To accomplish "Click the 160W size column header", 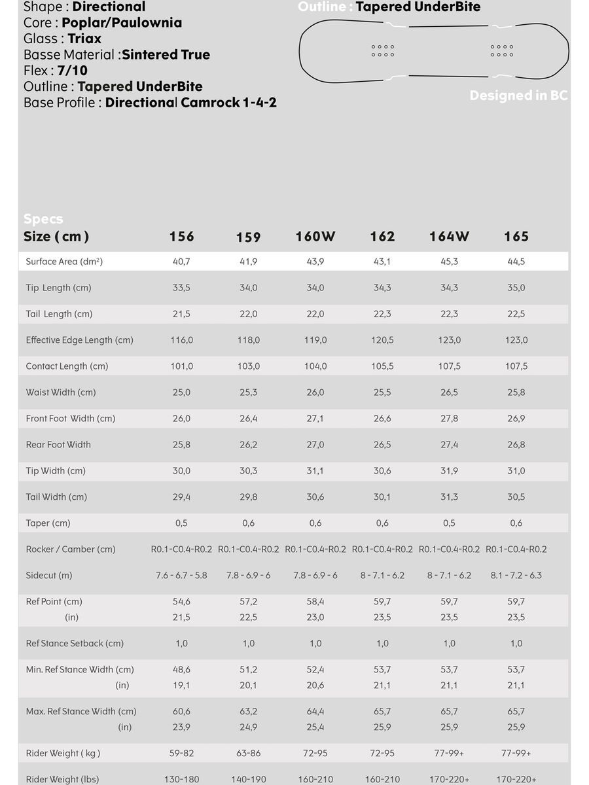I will [315, 237].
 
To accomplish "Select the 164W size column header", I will [449, 237].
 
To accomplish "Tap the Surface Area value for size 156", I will [181, 262].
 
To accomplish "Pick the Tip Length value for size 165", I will [516, 288].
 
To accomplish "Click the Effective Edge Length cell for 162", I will [382, 340].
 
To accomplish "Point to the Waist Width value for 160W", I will [315, 392].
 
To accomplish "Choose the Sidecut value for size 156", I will [181, 576].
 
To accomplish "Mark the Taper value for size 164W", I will [449, 523].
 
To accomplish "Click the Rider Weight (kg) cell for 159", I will [248, 754].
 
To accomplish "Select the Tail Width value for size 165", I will [516, 497].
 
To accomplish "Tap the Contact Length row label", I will [67, 366].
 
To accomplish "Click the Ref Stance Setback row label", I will [75, 644].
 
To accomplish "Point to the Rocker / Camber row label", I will [71, 549].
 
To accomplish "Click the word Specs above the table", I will [43, 218].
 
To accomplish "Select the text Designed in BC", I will [518, 96].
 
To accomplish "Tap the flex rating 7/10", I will [72, 71].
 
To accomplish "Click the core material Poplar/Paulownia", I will [122, 23].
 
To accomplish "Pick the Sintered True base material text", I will [166, 55].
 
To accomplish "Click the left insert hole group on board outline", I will [383, 50].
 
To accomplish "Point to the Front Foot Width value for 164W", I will [449, 419].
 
